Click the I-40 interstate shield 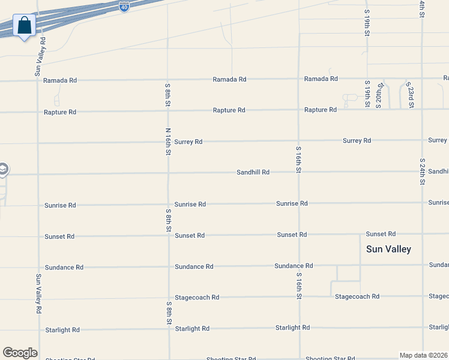pos(124,7)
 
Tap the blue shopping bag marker pos(25,26)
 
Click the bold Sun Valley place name pos(388,249)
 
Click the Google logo pos(20,353)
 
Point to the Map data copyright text pos(424,355)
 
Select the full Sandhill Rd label pos(253,172)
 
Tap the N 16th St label pos(168,142)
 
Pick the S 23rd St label pos(411,96)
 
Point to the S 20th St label pos(379,95)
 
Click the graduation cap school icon pos(2,169)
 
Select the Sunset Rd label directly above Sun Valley pos(381,234)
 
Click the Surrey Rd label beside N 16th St pos(188,142)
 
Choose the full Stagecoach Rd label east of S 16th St pos(357,296)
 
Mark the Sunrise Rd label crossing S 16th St pos(292,203)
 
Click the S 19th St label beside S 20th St pos(367,94)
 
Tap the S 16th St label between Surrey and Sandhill pos(298,159)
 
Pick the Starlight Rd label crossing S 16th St pos(292,328)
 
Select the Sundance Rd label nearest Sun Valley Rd pos(64,267)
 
